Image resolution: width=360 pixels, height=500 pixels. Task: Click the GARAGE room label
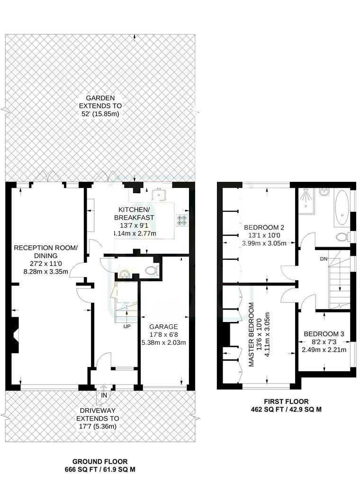[x=163, y=327]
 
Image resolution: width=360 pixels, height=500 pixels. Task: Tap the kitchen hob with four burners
[x=182, y=220]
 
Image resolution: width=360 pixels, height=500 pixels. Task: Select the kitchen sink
[x=158, y=196]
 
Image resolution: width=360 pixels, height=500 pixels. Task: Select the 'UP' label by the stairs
[x=127, y=327]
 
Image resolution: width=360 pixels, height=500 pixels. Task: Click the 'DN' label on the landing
[x=324, y=259]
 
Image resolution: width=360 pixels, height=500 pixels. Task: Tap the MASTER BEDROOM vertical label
[x=252, y=334]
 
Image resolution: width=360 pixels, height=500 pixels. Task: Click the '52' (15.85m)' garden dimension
[x=100, y=114]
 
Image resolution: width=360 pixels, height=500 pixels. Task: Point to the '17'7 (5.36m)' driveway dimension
[x=98, y=427]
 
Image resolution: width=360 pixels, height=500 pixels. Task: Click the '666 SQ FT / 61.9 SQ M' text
[x=99, y=470]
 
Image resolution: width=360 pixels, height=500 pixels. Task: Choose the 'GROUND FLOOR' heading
[x=99, y=462]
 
